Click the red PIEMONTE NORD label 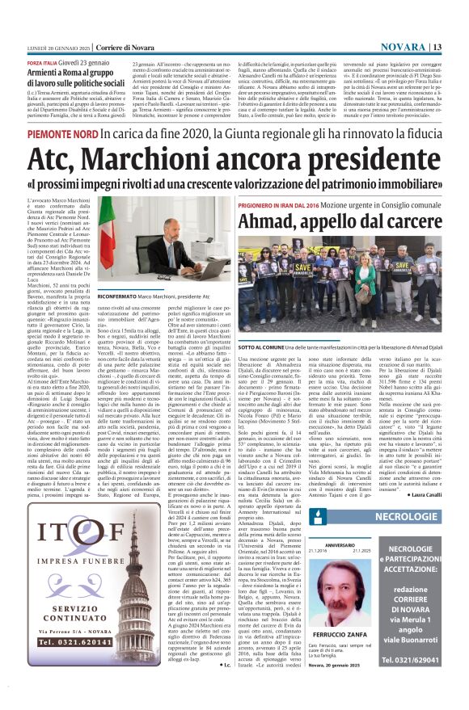click(62, 132)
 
